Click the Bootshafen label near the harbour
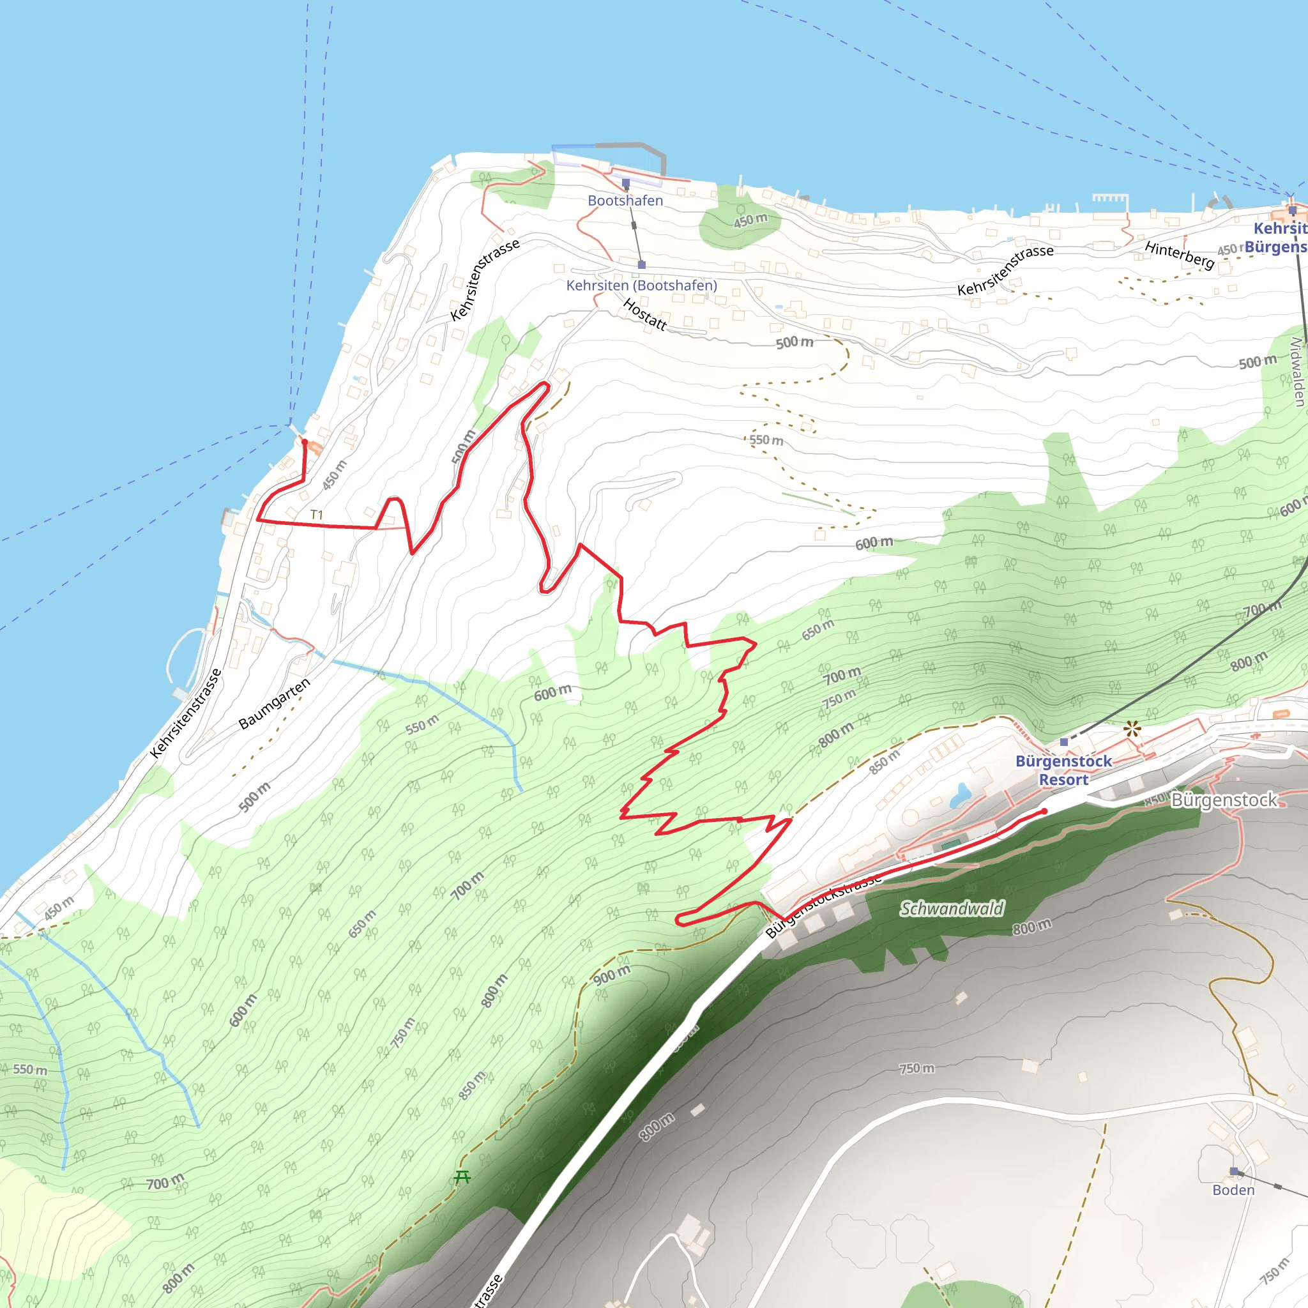coord(625,201)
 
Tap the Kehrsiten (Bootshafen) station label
coord(641,285)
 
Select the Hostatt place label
coord(644,315)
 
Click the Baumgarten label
coord(274,703)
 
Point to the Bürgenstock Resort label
coord(1063,770)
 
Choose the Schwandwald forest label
coord(951,909)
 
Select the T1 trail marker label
coord(316,515)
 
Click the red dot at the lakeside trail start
coord(305,442)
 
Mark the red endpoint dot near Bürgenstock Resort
coord(1045,811)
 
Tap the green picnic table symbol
coord(462,1176)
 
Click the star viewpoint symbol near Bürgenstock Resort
coord(1132,730)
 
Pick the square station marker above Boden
coord(1233,1171)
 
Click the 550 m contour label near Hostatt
coord(766,440)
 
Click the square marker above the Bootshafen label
coord(625,183)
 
